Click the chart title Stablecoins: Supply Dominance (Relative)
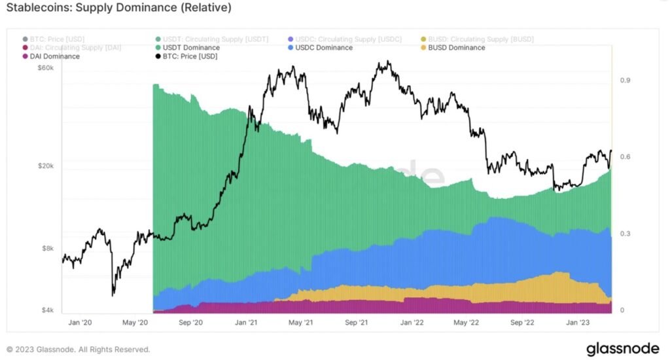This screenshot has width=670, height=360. [x=118, y=9]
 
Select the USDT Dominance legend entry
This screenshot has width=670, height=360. [x=191, y=48]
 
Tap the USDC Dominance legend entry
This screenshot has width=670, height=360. [x=324, y=48]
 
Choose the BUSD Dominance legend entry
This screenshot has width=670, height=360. [x=456, y=48]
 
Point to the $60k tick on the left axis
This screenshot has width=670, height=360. [x=47, y=67]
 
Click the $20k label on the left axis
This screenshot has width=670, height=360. [x=47, y=166]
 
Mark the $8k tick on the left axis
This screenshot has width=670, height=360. [x=49, y=249]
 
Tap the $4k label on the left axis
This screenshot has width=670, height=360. [x=49, y=310]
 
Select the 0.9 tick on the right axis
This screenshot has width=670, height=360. [x=624, y=81]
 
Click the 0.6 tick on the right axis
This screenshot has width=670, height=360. [x=624, y=157]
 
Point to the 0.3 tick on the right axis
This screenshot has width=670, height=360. [x=624, y=234]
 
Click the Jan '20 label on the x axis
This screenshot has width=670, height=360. [x=80, y=322]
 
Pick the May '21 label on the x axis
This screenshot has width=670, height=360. [x=298, y=322]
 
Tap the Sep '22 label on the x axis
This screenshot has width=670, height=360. [x=523, y=322]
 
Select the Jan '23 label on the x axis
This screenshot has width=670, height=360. [x=578, y=322]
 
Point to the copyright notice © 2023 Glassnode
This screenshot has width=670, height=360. [x=79, y=350]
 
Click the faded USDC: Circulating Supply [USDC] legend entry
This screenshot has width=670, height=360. [x=347, y=39]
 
